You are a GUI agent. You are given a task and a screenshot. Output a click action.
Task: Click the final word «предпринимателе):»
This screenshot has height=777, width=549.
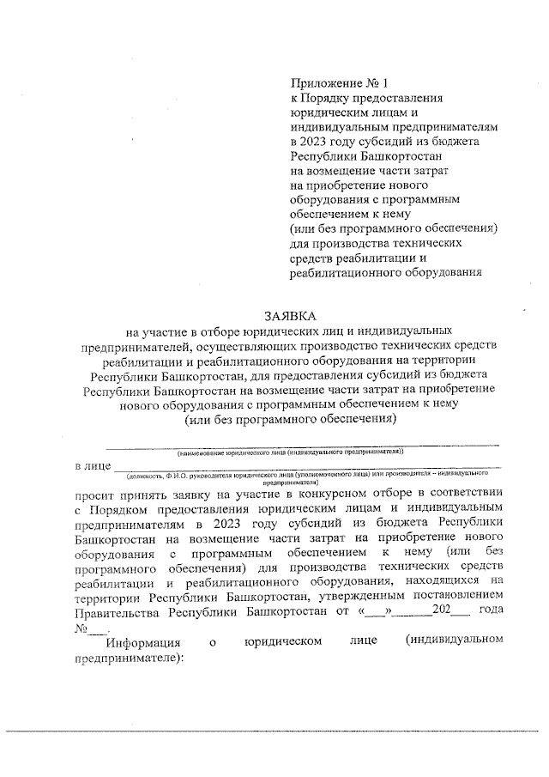click(130, 658)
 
